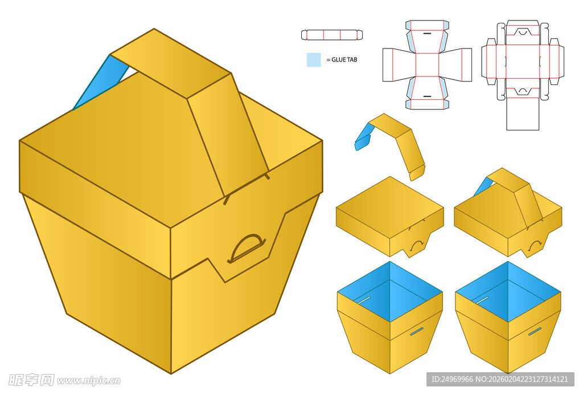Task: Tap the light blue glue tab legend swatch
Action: pos(314,60)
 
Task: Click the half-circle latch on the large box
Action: pos(247,249)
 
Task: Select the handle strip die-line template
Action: pos(332,35)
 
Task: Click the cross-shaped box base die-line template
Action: pos(427,65)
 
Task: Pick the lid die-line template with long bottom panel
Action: pos(523,75)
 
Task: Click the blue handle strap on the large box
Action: pos(100,83)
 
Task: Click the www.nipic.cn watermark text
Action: pos(89,381)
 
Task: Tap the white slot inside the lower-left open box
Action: pos(365,300)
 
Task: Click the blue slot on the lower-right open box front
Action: pos(535,331)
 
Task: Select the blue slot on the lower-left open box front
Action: pos(416,331)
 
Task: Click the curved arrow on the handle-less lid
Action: pos(417,244)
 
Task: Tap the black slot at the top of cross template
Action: pos(427,34)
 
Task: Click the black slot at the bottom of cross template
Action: pos(427,96)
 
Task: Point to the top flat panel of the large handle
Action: pos(171,64)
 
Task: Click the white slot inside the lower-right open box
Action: pos(483,300)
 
